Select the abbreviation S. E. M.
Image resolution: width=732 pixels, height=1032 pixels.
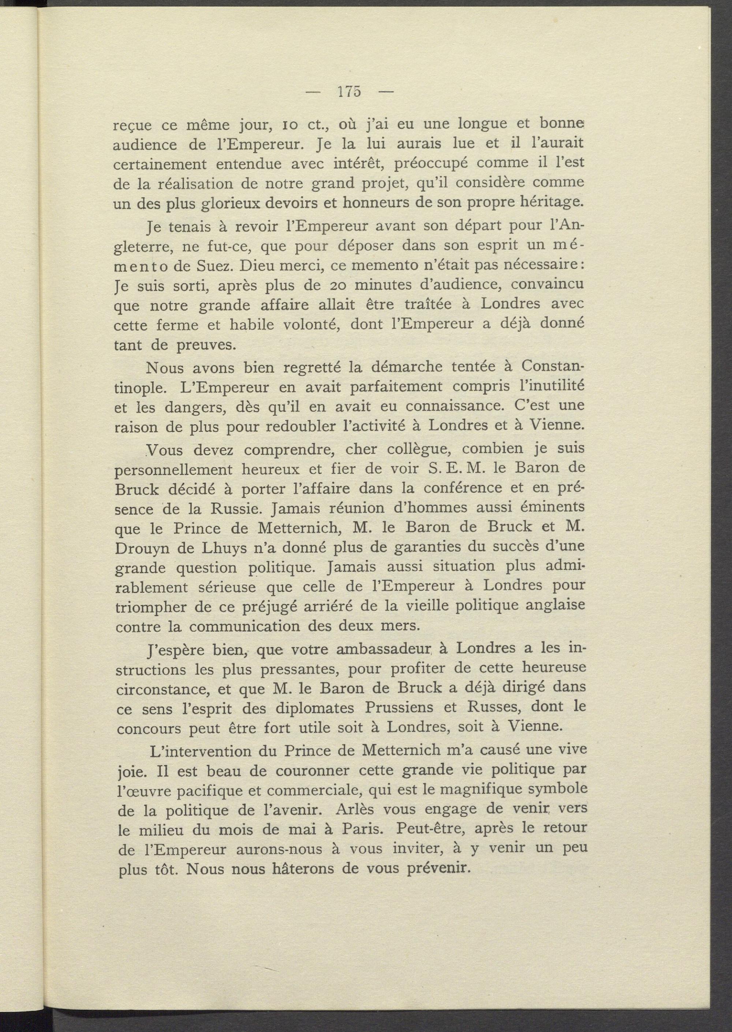click(x=450, y=469)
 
